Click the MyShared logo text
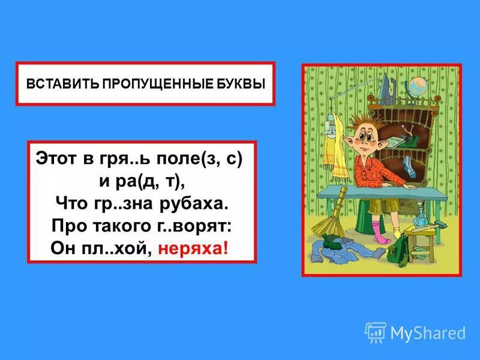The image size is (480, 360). click(x=428, y=332)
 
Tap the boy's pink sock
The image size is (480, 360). click(x=377, y=231)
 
